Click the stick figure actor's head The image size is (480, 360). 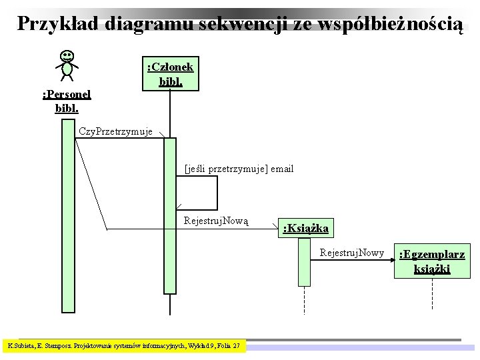[x=67, y=56]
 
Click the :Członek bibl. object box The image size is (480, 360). [x=170, y=74]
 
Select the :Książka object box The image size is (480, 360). [x=305, y=229]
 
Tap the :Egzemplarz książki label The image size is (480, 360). [x=431, y=261]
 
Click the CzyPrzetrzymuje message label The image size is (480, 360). [x=116, y=131]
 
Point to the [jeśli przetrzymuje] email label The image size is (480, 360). [x=239, y=169]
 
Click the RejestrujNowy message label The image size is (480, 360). [x=351, y=253]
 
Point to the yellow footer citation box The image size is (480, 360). [x=125, y=346]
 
